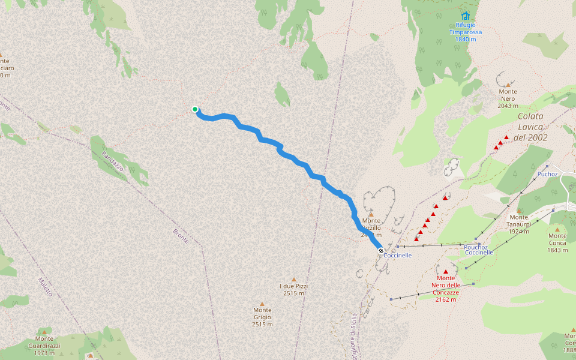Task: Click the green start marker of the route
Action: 195,109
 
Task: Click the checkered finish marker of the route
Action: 381,251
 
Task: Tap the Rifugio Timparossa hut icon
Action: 466,16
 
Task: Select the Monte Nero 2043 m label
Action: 508,98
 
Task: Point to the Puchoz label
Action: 548,174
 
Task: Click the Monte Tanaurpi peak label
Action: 518,224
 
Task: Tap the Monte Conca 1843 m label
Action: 557,242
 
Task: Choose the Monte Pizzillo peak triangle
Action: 371,214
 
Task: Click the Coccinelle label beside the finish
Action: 398,256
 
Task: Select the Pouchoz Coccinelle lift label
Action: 479,250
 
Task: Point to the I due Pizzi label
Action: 293,290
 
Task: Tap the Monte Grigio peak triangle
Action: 262,304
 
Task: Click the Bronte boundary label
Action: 181,236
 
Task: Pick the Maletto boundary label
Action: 45,287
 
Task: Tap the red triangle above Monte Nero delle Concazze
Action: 445,272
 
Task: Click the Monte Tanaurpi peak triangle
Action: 519,211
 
